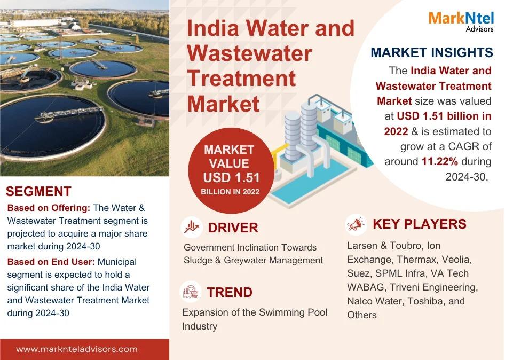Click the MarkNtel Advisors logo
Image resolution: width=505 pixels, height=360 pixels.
[x=461, y=21]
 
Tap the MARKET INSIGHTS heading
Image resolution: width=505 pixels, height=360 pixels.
[x=432, y=52]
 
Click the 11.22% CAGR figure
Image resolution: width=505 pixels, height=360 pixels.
[x=440, y=161]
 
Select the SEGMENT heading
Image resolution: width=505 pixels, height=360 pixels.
[x=38, y=191]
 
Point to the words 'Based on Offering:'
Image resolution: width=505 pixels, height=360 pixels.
[x=49, y=208]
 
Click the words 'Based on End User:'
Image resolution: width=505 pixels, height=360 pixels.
[x=51, y=262]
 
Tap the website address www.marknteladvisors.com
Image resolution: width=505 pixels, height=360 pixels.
[x=77, y=349]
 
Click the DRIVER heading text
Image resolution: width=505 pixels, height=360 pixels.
[x=233, y=228]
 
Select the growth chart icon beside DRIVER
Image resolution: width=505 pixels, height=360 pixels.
[x=191, y=227]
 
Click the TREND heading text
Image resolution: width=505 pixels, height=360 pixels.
[x=230, y=292]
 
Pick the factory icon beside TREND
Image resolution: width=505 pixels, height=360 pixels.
[x=191, y=292]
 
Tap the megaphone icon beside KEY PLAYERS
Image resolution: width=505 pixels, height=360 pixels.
[x=356, y=224]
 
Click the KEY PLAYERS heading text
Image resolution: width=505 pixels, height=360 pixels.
[x=420, y=224]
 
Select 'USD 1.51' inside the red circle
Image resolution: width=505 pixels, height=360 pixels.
[x=231, y=177]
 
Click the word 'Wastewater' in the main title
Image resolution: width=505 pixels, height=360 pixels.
[x=250, y=53]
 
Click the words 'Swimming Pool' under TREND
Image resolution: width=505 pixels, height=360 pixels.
[x=293, y=312]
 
